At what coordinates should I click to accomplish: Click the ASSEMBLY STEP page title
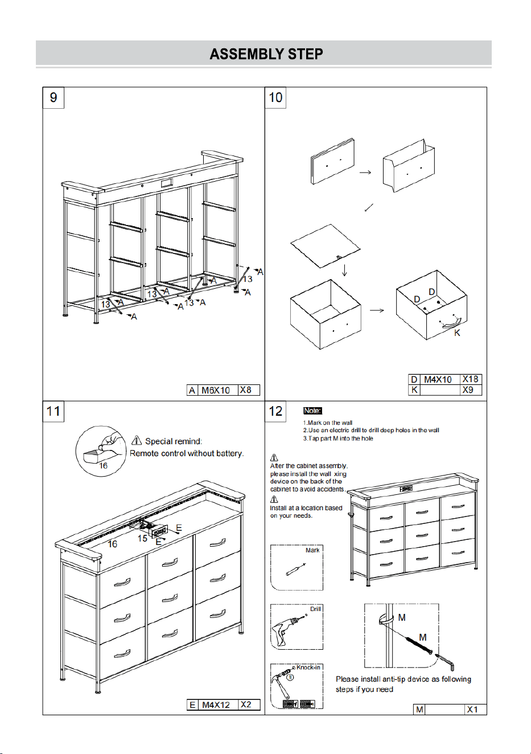(266, 54)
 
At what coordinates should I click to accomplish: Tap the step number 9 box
(53, 97)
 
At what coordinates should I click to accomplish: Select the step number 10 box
(275, 97)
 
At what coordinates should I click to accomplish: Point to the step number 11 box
(53, 411)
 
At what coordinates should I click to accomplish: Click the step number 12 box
(275, 411)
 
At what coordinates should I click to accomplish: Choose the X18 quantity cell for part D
(471, 379)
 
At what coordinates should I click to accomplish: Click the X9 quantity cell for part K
(471, 390)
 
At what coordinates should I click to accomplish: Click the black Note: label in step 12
(312, 411)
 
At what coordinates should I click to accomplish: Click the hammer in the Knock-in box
(281, 683)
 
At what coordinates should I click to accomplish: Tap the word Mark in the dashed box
(312, 550)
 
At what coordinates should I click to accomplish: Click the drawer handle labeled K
(450, 324)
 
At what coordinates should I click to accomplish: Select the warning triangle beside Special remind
(136, 440)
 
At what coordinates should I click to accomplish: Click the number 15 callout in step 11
(142, 538)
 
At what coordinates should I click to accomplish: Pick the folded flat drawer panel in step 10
(332, 161)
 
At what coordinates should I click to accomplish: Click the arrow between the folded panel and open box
(365, 173)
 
